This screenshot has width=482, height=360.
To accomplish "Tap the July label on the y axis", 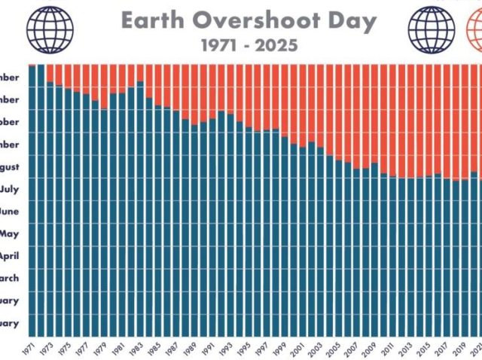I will [17, 190].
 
